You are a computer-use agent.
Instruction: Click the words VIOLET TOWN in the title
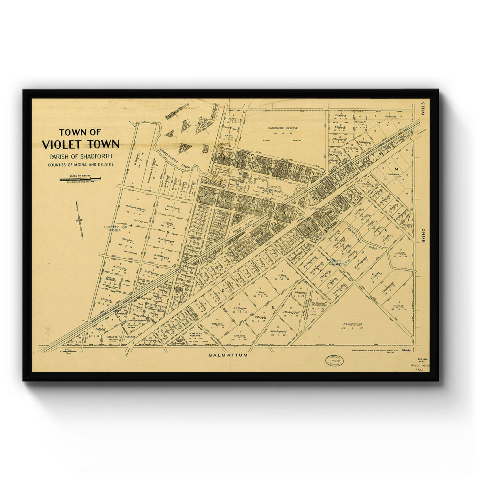click(80, 144)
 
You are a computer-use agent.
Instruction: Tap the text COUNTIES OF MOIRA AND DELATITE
click(80, 164)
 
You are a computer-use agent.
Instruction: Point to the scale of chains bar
click(80, 179)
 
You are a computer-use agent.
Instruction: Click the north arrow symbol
click(79, 220)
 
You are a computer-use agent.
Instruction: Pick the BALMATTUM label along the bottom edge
click(228, 355)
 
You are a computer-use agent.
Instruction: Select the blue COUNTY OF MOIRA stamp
click(115, 229)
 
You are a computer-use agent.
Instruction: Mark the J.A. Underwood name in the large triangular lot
click(352, 324)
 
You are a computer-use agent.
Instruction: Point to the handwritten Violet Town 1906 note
click(418, 368)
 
